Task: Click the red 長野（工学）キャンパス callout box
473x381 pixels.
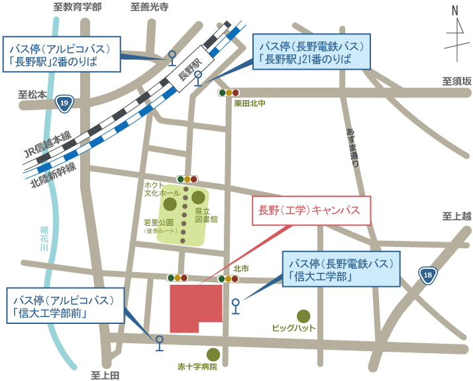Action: (x=307, y=210)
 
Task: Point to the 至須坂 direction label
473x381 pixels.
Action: (x=456, y=81)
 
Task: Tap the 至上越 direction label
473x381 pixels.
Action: (x=456, y=216)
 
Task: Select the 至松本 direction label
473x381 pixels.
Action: (x=32, y=95)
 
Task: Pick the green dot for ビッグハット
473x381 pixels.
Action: (x=303, y=316)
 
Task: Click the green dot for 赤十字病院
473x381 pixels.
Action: (x=213, y=354)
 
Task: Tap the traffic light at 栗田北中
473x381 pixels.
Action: (x=229, y=93)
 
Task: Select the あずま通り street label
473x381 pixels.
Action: (x=352, y=146)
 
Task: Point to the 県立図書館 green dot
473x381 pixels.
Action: (x=198, y=197)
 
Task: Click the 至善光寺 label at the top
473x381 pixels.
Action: (x=149, y=7)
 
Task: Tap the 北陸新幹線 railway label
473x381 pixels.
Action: (x=53, y=177)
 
